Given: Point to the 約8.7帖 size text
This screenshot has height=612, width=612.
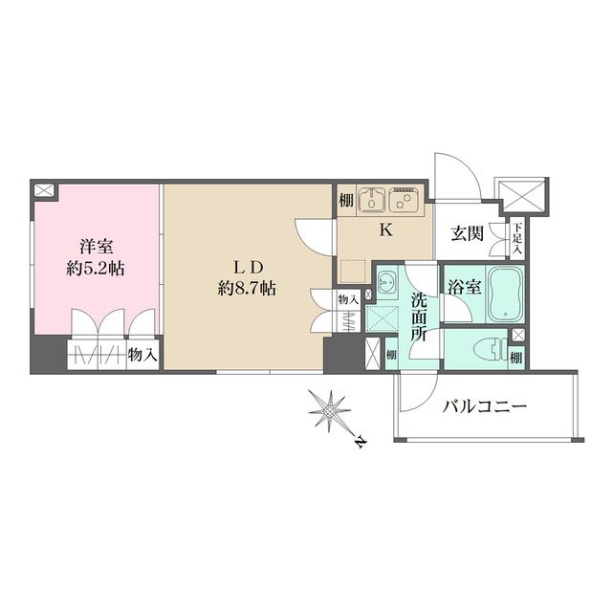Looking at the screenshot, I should point(247,287).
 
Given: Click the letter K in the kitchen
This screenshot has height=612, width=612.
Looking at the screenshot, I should point(386,229).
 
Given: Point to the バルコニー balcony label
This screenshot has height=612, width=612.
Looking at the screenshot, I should point(485,407).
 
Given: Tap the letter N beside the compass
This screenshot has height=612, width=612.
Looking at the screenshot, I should point(359,443).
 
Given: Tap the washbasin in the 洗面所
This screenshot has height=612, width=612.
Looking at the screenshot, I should point(387,284).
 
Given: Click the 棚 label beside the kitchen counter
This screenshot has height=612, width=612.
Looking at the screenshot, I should point(344,202).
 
